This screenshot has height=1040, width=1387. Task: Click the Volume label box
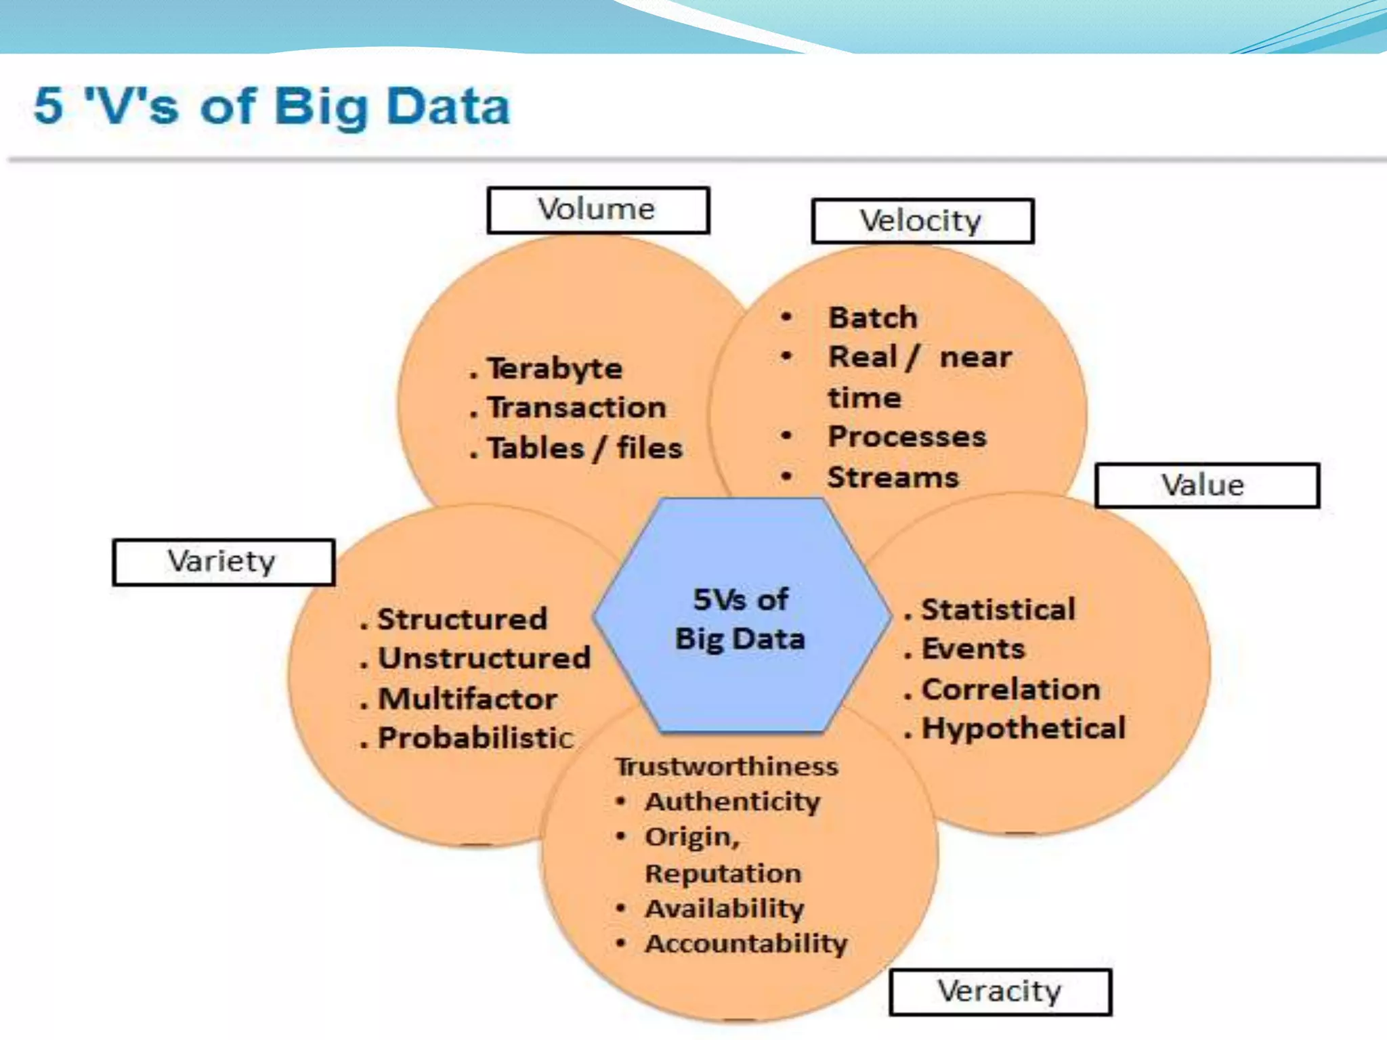pyautogui.click(x=598, y=210)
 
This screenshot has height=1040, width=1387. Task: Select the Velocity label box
pyautogui.click(x=922, y=221)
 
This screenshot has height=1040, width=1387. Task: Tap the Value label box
pyautogui.click(x=1207, y=485)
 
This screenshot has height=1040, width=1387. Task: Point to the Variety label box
pyautogui.click(x=223, y=561)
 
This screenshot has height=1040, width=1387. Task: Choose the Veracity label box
pyautogui.click(x=1000, y=992)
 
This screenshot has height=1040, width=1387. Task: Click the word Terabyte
pyautogui.click(x=555, y=369)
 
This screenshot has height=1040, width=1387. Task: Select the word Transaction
pyautogui.click(x=577, y=408)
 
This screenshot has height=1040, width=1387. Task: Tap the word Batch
pyautogui.click(x=873, y=318)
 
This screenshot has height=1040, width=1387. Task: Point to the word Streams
pyautogui.click(x=893, y=477)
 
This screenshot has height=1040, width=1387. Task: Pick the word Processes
pyautogui.click(x=907, y=437)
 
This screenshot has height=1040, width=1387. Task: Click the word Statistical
pyautogui.click(x=998, y=609)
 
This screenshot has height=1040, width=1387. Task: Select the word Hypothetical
pyautogui.click(x=1023, y=729)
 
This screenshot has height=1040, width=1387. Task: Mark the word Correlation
pyautogui.click(x=1011, y=689)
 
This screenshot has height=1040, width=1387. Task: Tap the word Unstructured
pyautogui.click(x=484, y=658)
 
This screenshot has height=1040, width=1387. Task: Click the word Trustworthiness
pyautogui.click(x=727, y=766)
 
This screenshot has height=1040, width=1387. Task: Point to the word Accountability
pyautogui.click(x=746, y=944)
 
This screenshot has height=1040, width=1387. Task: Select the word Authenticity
pyautogui.click(x=733, y=802)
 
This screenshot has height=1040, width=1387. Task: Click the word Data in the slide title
pyautogui.click(x=448, y=107)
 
